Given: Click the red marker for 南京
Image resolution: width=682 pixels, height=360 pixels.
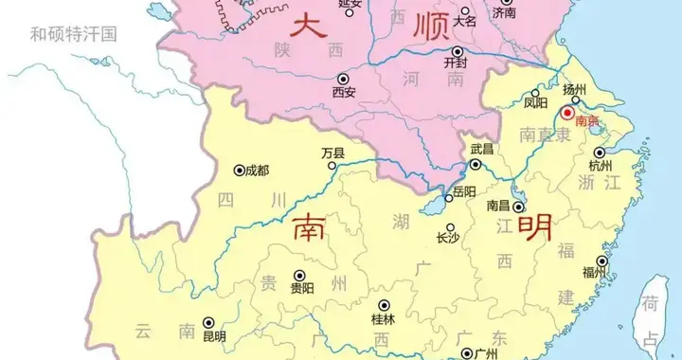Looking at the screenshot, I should click(568, 113).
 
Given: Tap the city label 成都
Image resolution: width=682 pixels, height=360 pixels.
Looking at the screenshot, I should click(257, 171).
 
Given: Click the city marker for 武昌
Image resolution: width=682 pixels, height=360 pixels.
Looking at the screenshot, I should click(476, 164).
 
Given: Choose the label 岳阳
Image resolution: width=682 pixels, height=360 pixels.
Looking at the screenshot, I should click(465, 191).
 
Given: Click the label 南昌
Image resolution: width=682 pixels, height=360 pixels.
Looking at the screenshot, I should click(499, 205).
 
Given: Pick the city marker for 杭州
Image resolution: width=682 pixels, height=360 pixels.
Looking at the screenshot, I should click(599, 152).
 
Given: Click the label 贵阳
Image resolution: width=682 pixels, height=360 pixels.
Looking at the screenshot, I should click(302, 289).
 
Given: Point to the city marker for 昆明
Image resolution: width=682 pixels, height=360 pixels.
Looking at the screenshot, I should click(207, 322).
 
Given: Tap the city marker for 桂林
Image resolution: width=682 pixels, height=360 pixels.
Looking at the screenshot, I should click(384, 305).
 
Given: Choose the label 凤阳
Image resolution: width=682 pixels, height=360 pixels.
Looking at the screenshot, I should click(536, 102).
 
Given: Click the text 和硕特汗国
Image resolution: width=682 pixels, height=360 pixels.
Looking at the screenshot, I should click(73, 35).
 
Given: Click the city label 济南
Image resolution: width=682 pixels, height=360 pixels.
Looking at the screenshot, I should click(504, 14).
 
